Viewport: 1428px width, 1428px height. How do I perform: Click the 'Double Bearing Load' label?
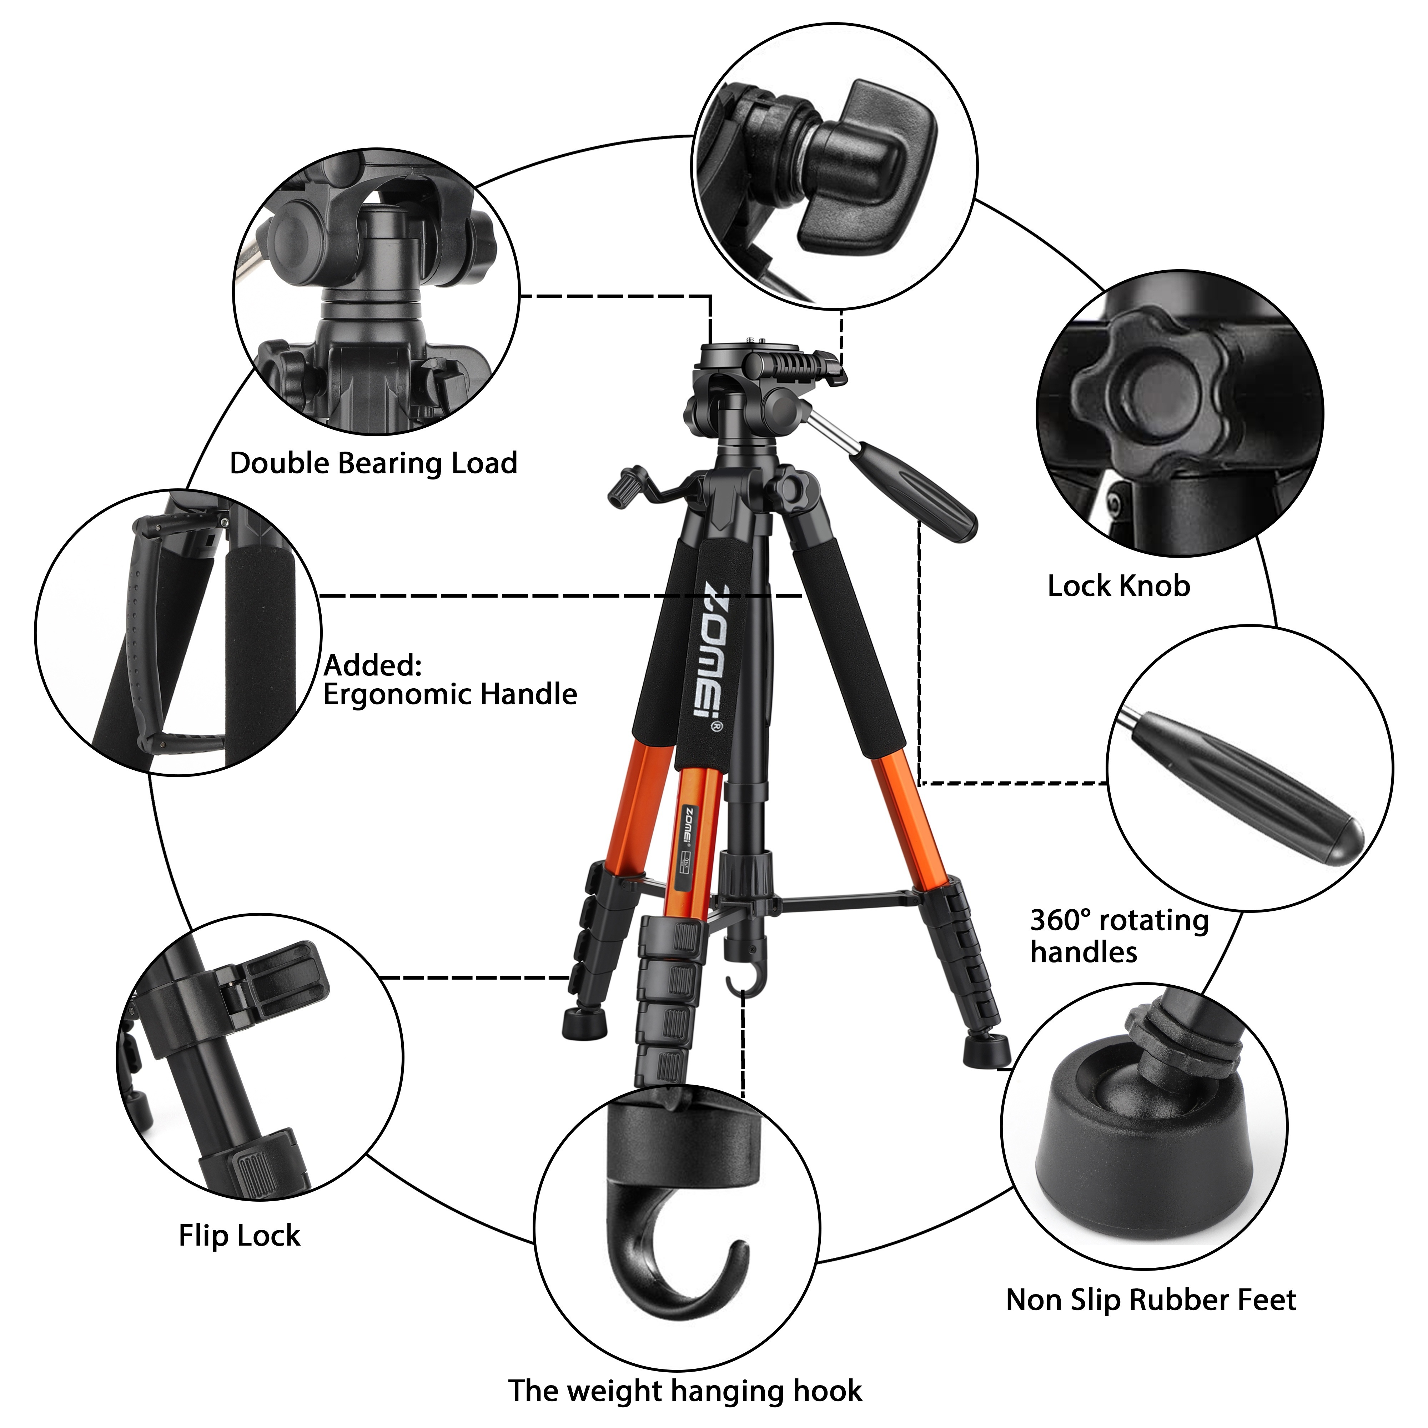[x=373, y=463]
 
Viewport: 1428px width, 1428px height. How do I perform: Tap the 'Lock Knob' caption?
[x=1118, y=586]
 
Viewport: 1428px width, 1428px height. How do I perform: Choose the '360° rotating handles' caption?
[x=1119, y=936]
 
